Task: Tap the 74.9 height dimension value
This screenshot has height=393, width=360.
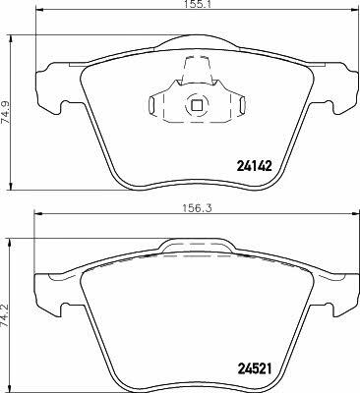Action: [6, 112]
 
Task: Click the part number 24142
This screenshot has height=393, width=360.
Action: [254, 166]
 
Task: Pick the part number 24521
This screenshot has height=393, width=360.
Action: [254, 369]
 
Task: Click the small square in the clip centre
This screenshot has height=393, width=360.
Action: [197, 105]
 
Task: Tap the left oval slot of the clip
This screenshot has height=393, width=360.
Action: [151, 104]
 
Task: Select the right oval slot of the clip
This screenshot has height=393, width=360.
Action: [242, 104]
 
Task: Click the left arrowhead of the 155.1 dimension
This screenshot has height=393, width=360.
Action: [38, 11]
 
